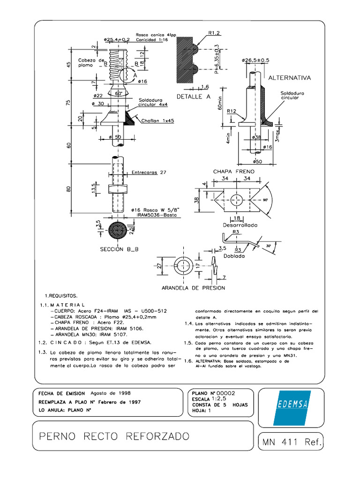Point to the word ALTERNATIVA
coord(289,77)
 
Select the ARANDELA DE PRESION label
coord(193,287)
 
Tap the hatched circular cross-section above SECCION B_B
coord(116,231)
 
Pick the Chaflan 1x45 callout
coord(158,120)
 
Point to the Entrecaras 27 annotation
coord(149,172)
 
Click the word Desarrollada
coord(240,225)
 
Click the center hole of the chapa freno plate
coord(238,199)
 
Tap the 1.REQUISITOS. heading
coord(61,296)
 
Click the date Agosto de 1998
coord(110,393)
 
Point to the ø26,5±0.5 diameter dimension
coord(255,60)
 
